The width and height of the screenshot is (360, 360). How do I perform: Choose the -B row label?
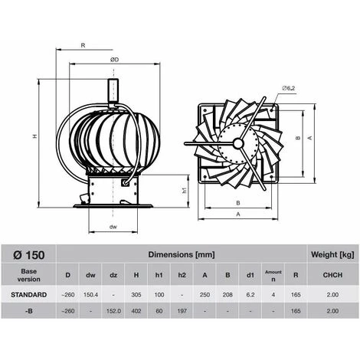28,311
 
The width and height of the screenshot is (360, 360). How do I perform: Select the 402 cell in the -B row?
136,311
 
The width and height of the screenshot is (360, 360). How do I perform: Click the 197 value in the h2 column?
182,311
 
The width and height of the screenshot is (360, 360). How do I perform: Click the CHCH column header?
332,273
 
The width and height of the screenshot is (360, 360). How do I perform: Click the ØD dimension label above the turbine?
114,60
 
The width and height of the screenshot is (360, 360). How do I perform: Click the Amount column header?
273,273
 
